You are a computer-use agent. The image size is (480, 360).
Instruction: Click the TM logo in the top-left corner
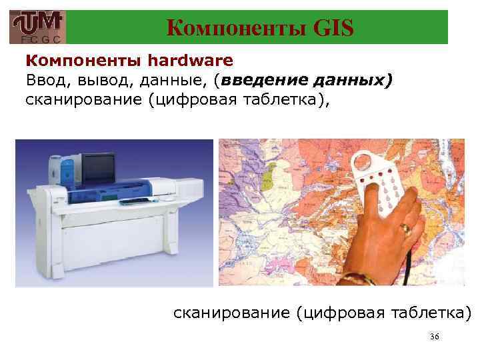(37, 24)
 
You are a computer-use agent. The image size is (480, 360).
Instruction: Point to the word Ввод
(45, 81)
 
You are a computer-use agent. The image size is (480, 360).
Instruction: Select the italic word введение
(265, 81)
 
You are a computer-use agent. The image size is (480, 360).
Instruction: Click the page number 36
(434, 337)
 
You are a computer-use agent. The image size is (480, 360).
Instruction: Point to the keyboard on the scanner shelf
(140, 200)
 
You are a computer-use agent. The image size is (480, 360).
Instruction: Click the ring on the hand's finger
(404, 228)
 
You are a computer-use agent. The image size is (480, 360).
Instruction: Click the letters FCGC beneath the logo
(37, 39)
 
